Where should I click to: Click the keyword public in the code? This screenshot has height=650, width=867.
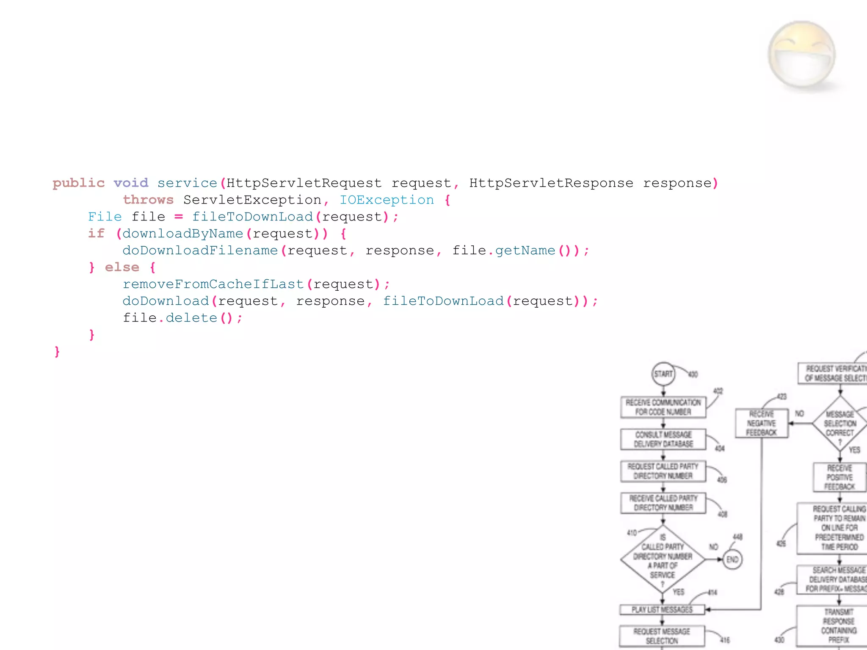pyautogui.click(x=78, y=183)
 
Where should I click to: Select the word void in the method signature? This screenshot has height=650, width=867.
pyautogui.click(x=131, y=183)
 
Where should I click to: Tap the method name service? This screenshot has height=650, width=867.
pyautogui.click(x=187, y=183)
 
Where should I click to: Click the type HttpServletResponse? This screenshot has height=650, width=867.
pyautogui.click(x=551, y=183)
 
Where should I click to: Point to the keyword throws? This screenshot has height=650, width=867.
pyautogui.click(x=148, y=200)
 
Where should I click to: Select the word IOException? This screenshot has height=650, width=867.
pyautogui.click(x=387, y=200)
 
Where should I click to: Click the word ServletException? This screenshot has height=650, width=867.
pyautogui.click(x=252, y=200)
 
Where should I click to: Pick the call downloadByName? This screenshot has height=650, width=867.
pyautogui.click(x=183, y=234)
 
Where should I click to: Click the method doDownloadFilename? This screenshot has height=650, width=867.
pyautogui.click(x=200, y=251)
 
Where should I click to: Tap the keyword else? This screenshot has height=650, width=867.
pyautogui.click(x=122, y=267)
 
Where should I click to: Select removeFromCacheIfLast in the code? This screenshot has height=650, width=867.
pyautogui.click(x=213, y=284)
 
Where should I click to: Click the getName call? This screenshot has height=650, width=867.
pyautogui.click(x=525, y=251)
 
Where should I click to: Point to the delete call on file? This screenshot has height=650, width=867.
pyautogui.click(x=191, y=318)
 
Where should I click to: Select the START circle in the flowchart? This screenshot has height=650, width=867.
pyautogui.click(x=663, y=374)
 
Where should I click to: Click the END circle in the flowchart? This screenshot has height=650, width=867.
pyautogui.click(x=732, y=559)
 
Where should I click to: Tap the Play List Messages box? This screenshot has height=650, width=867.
pyautogui.click(x=662, y=609)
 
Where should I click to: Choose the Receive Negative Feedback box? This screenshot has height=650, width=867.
pyautogui.click(x=762, y=423)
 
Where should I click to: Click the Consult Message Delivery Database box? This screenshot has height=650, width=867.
pyautogui.click(x=663, y=439)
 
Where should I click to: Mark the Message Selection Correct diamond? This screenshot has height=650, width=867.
pyautogui.click(x=840, y=424)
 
